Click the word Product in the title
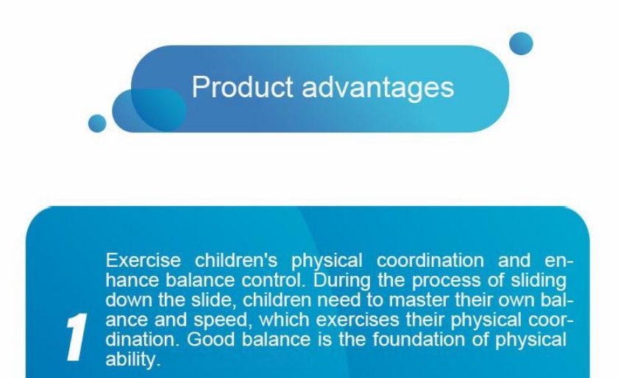(242, 87)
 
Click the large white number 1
(77, 337)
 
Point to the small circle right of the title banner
(521, 43)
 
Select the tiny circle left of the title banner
(97, 124)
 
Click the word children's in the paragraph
(236, 260)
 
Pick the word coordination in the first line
(430, 260)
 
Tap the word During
(341, 281)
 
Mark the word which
(284, 320)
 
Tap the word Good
(211, 339)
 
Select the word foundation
(419, 339)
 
